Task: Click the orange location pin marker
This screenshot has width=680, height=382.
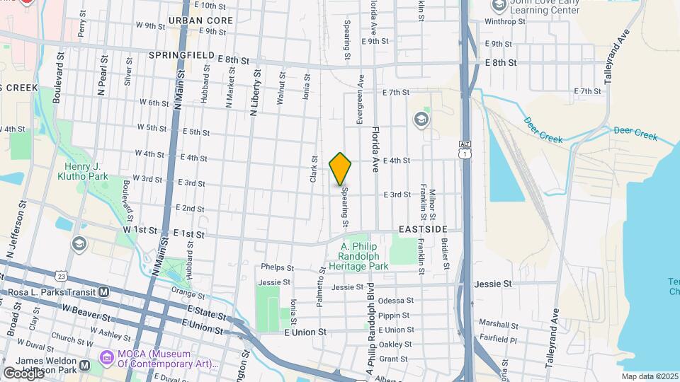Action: [x=340, y=169]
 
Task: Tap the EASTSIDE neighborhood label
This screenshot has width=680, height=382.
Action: [x=423, y=229]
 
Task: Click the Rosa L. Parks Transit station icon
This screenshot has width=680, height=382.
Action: [x=103, y=291]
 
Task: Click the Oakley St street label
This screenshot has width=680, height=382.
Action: [x=395, y=345]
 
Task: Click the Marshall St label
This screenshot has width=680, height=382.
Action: [x=499, y=323]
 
